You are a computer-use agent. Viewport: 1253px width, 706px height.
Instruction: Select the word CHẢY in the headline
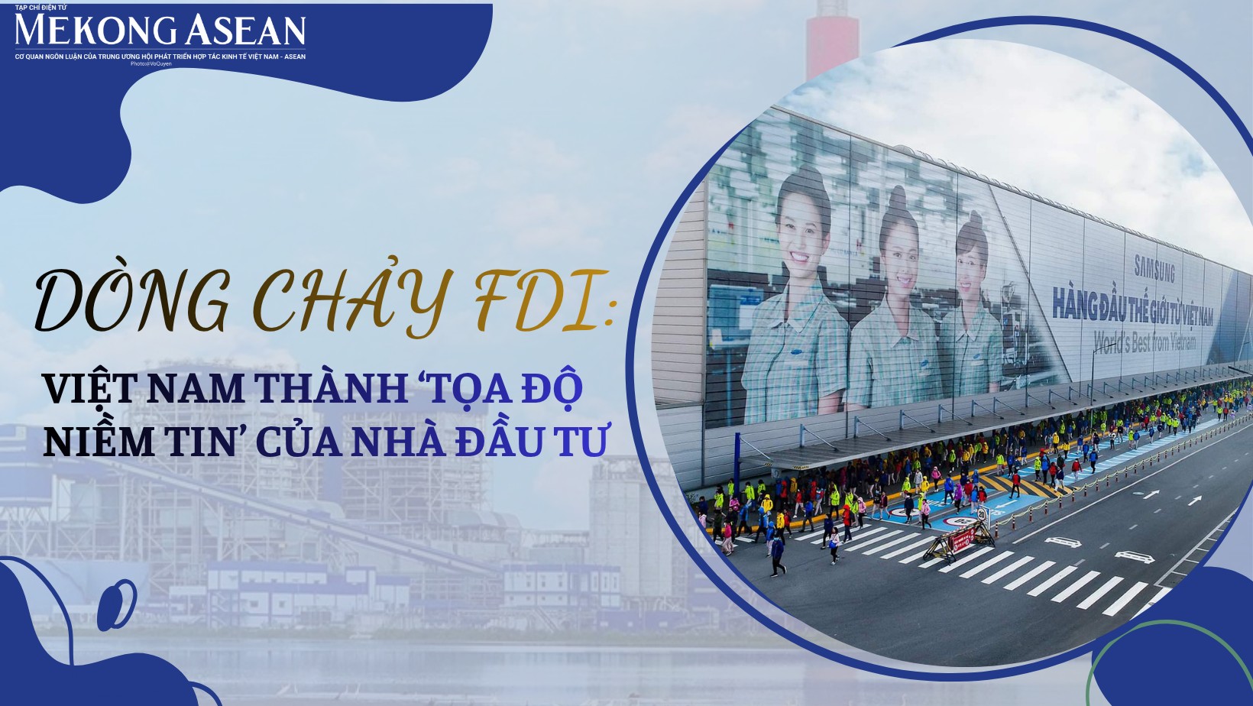coord(350,301)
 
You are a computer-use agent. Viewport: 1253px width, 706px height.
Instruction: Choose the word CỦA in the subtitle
coord(298,442)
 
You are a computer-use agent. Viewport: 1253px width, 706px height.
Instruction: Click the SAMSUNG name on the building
coord(1154,268)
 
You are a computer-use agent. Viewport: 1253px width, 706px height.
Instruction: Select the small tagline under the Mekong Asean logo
coord(160,57)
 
